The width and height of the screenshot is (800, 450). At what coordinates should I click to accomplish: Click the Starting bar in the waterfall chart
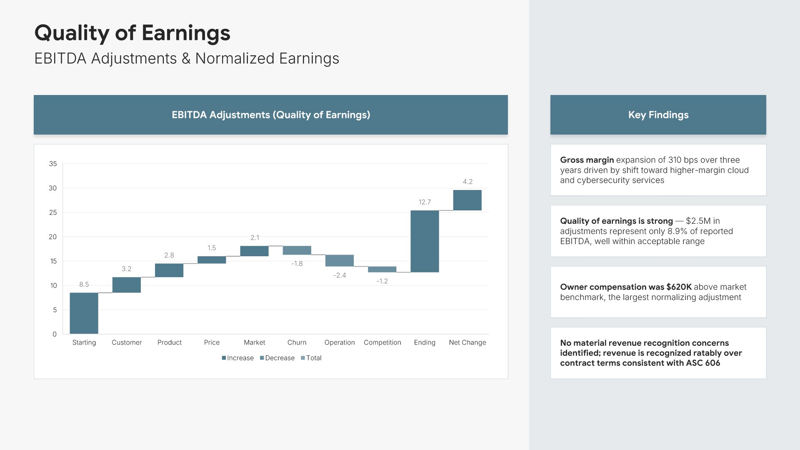tap(84, 313)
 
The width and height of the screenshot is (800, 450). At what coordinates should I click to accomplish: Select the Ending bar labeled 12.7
tap(425, 241)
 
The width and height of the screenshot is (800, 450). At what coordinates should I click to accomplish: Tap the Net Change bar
tap(467, 200)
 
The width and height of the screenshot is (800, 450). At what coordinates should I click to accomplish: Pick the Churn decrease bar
tap(297, 250)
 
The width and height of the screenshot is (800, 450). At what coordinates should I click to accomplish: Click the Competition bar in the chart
tap(382, 269)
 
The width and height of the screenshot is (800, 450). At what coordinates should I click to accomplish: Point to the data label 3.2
tap(126, 269)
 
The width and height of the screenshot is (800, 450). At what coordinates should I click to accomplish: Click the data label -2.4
tap(340, 275)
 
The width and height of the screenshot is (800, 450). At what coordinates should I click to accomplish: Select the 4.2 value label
tap(467, 182)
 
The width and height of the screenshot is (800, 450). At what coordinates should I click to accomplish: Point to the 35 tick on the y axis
tap(53, 164)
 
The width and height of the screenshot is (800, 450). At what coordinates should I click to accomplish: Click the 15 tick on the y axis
tap(53, 261)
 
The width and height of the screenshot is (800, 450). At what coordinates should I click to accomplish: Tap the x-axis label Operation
tap(340, 342)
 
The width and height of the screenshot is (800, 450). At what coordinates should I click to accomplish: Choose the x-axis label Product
tap(169, 342)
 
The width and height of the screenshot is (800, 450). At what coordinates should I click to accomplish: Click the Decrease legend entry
tap(277, 358)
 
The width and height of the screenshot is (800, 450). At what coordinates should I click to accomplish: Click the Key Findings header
tap(658, 115)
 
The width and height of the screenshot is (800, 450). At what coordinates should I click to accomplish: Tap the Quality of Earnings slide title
tap(132, 33)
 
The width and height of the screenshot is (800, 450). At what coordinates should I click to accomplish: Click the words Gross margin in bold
tap(587, 160)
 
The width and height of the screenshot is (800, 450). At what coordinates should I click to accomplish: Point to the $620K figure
tap(679, 287)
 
